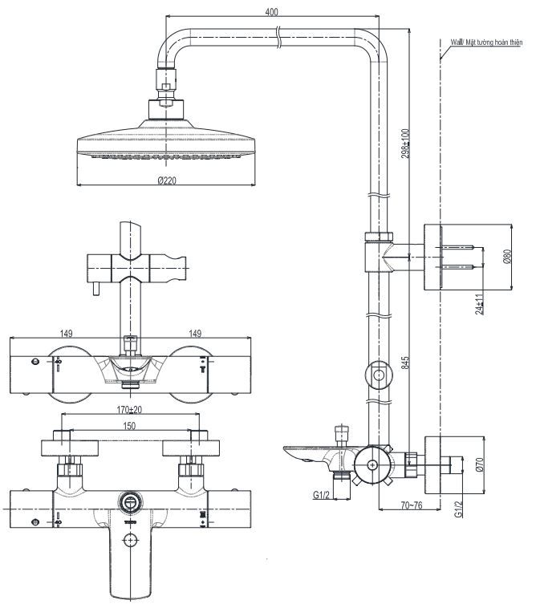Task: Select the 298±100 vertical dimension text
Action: (406, 144)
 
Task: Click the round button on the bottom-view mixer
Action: (128, 503)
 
